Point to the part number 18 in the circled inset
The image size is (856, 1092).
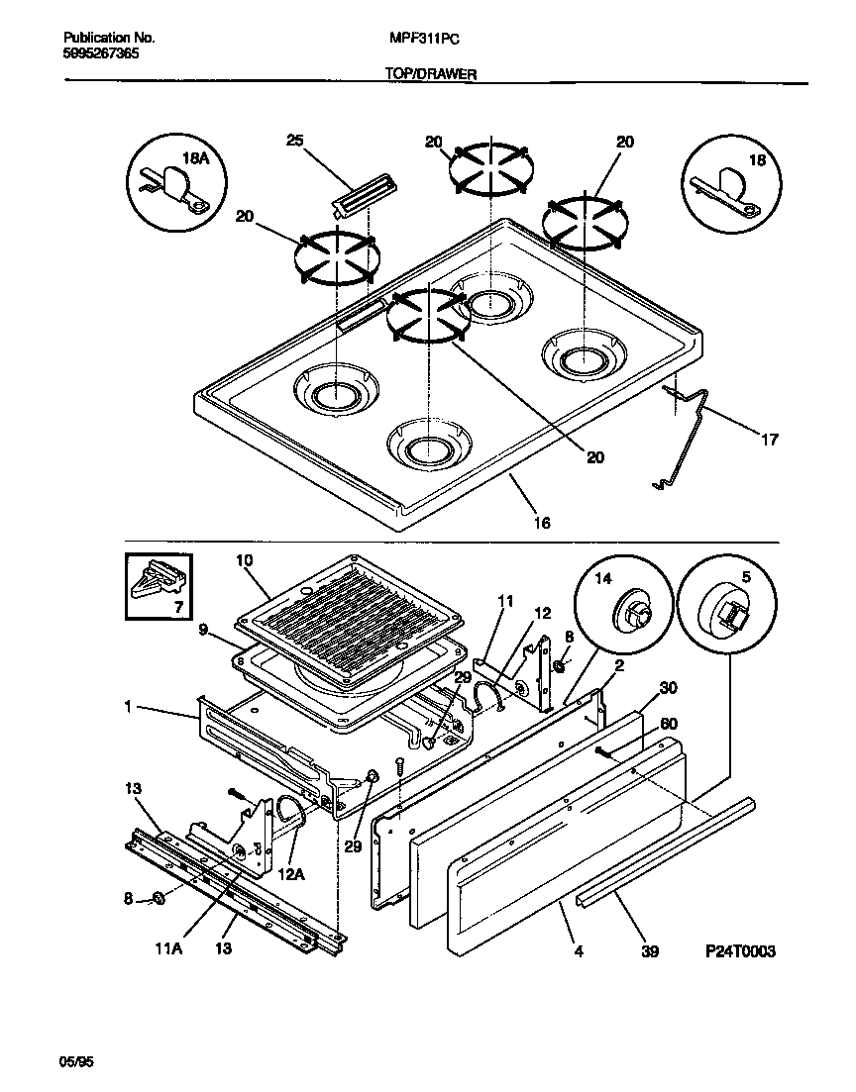pyautogui.click(x=757, y=160)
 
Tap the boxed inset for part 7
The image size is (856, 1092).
pyautogui.click(x=160, y=590)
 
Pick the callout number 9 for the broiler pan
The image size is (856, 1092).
pyautogui.click(x=203, y=629)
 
